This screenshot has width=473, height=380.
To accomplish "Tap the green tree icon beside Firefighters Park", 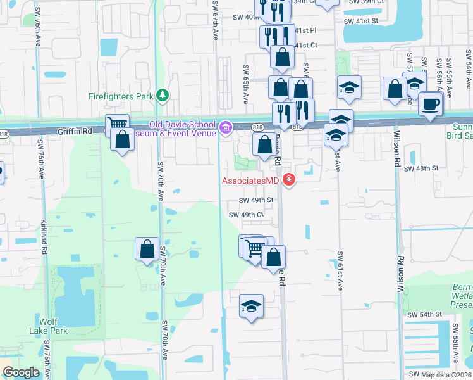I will click(x=163, y=95).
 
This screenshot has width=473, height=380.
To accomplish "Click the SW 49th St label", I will click(x=255, y=200).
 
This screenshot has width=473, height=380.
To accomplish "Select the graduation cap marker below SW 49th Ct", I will click(x=251, y=307).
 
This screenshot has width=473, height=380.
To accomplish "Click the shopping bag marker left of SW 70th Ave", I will click(x=147, y=248).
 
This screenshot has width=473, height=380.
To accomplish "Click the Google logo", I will click(x=21, y=372).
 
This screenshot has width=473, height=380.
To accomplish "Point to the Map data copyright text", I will click(x=446, y=375).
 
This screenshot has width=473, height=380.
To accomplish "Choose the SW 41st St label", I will click(x=360, y=21).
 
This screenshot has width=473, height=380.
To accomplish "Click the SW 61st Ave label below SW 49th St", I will click(x=339, y=270).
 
